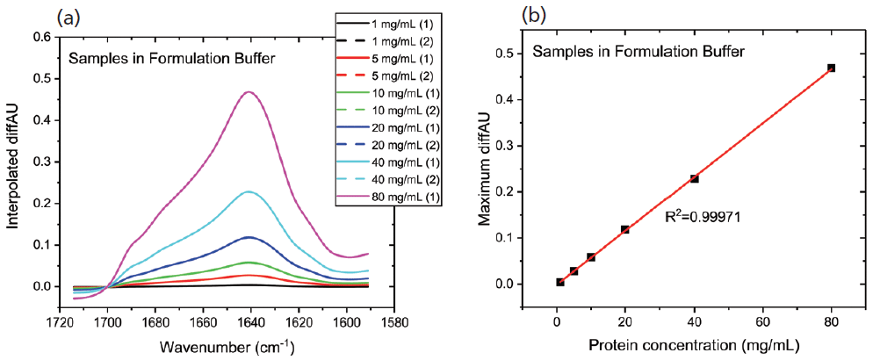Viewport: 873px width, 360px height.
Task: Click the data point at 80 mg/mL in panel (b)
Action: [830, 68]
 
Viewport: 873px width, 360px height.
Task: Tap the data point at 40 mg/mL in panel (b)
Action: [694, 178]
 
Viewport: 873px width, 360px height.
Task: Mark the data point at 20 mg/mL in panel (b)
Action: [625, 229]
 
